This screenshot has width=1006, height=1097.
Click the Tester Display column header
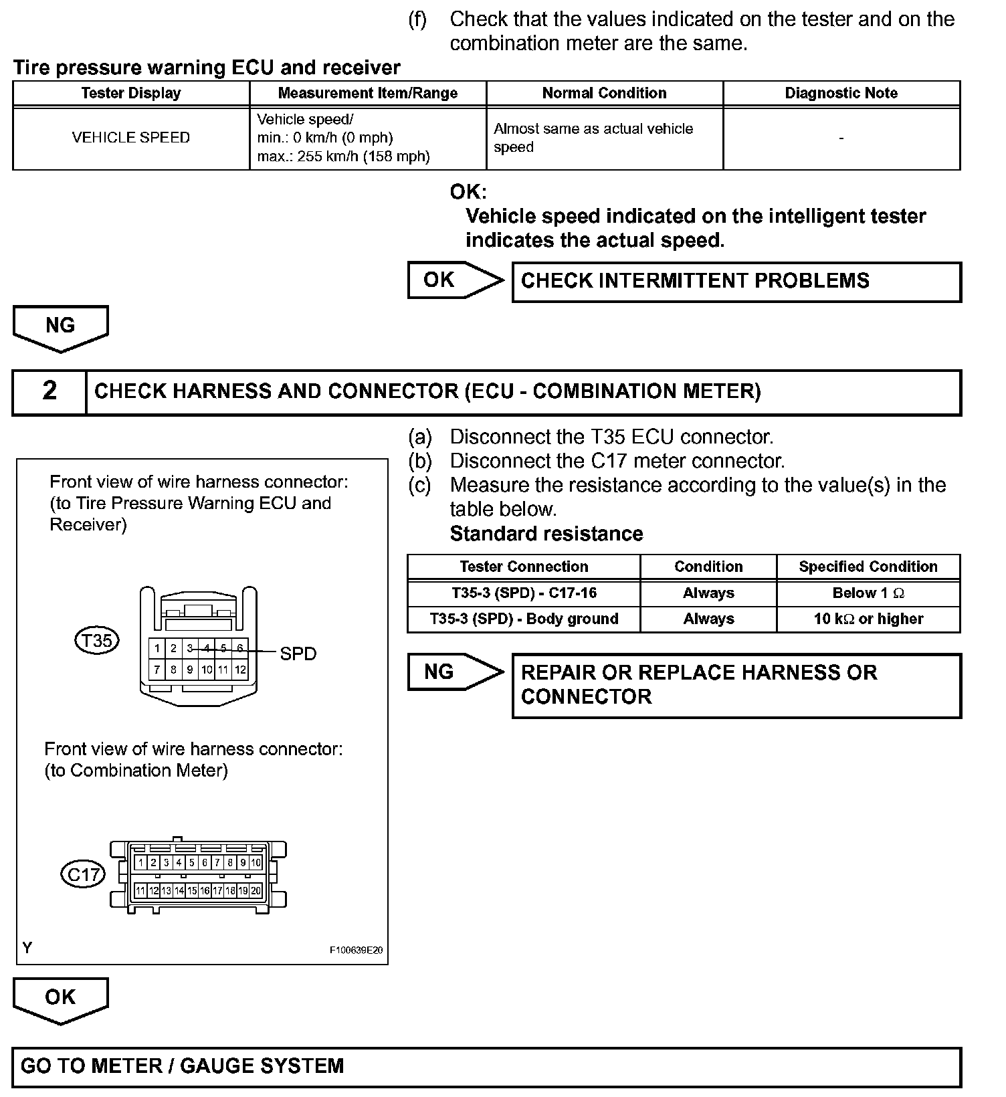131,93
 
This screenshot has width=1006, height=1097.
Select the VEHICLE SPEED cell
131,138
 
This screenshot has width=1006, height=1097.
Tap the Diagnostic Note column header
841,93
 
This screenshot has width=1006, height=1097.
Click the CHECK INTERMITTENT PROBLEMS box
736,282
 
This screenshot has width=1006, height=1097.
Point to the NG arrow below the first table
60,327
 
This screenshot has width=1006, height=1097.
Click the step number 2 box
49,392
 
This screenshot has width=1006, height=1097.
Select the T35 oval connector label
97,641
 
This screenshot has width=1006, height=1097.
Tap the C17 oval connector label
83,874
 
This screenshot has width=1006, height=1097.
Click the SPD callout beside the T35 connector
298,654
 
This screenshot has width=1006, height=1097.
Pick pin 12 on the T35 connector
240,669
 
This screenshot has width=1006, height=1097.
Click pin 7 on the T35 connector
157,669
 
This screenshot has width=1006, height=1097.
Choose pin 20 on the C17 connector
256,890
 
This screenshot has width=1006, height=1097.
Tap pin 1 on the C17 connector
141,863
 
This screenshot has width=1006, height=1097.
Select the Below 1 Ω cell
868,593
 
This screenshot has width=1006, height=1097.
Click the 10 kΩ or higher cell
868,619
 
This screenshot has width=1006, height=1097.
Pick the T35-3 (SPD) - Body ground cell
524,619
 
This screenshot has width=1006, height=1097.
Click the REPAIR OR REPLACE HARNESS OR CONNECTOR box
736,686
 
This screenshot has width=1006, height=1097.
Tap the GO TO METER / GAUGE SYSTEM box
486,1066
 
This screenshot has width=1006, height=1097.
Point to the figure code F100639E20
355,951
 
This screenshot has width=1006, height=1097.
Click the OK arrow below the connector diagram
60,999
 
